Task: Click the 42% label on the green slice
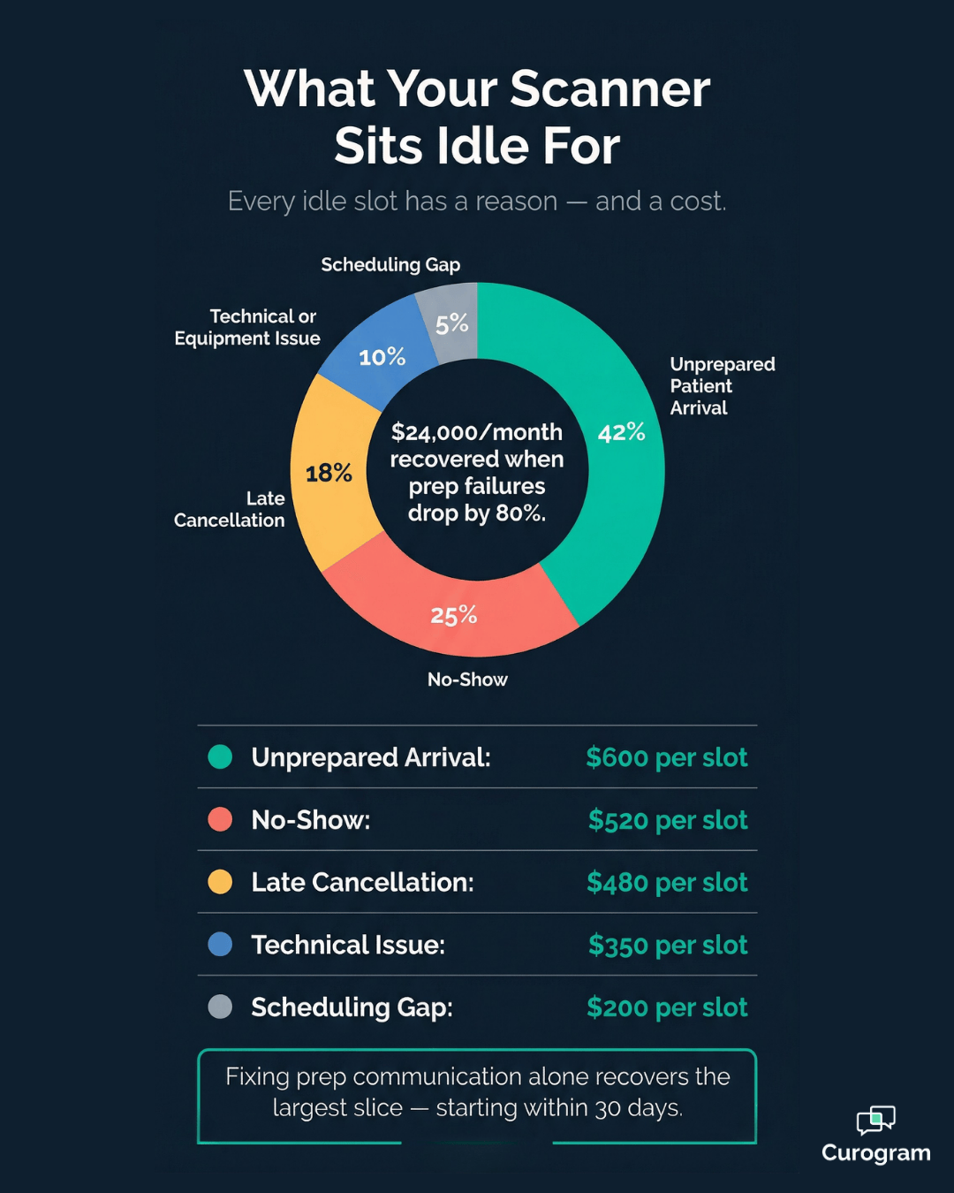pos(621,433)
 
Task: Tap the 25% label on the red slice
pos(454,615)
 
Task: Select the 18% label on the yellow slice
pos(329,474)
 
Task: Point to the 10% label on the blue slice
pos(382,357)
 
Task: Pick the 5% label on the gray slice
pos(451,323)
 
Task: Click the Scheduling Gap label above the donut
pos(390,265)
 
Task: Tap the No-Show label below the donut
pos(467,680)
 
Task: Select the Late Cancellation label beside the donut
pos(230,510)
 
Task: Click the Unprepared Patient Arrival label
pos(722,386)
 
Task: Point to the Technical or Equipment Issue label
pos(247,328)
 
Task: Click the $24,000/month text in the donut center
pos(477,432)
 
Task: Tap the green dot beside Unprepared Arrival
pos(220,757)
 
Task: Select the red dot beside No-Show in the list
pos(220,819)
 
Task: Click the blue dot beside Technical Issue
pos(220,945)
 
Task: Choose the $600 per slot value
pos(667,757)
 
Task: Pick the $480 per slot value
pos(667,883)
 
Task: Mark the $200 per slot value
pos(667,1007)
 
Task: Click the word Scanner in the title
pos(609,89)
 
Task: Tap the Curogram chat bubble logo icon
pos(875,1120)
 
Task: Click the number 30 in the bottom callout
pos(607,1109)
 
